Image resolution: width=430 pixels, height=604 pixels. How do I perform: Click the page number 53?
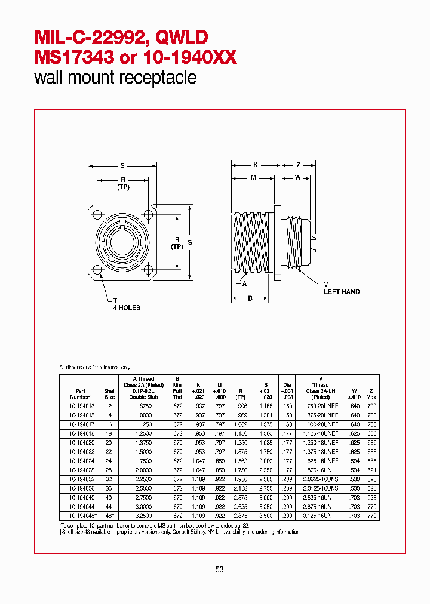click(x=219, y=570)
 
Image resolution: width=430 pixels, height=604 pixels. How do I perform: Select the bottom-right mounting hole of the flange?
click(x=148, y=270)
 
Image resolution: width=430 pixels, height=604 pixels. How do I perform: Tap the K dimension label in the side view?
click(x=255, y=164)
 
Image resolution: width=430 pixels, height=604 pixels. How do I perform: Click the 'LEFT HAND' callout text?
click(x=342, y=292)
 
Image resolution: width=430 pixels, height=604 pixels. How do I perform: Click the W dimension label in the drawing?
click(x=297, y=177)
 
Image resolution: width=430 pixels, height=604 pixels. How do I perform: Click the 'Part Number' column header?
click(x=80, y=393)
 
